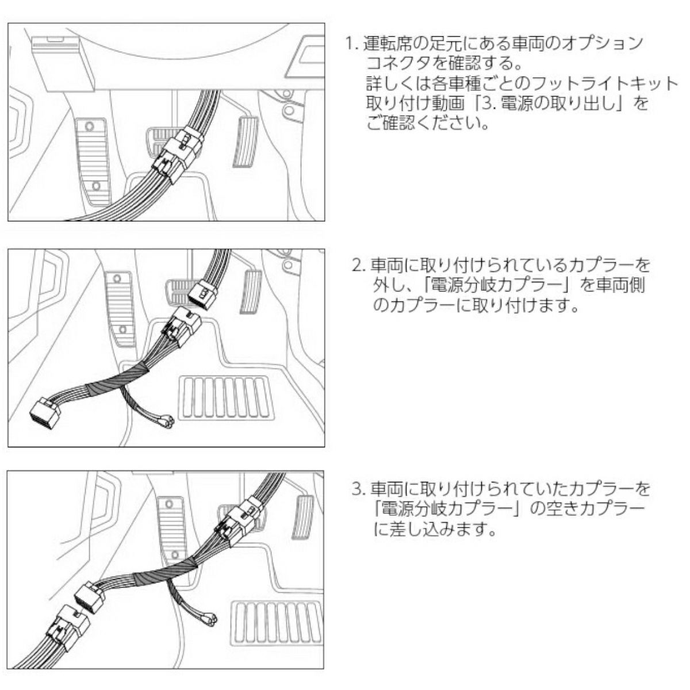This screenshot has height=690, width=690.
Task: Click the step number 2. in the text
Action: [359, 266]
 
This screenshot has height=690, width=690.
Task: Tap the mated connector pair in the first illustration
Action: [178, 152]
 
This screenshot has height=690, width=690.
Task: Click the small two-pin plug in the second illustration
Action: [168, 422]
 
